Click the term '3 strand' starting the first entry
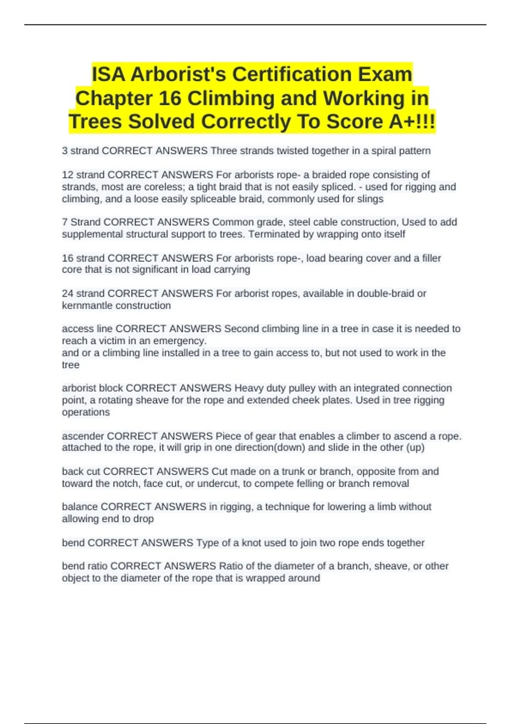coord(80,151)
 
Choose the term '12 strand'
coord(83,175)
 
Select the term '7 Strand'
coord(81,222)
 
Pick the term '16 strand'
coord(83,258)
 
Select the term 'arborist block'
coord(92,388)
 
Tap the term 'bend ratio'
coord(84,566)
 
